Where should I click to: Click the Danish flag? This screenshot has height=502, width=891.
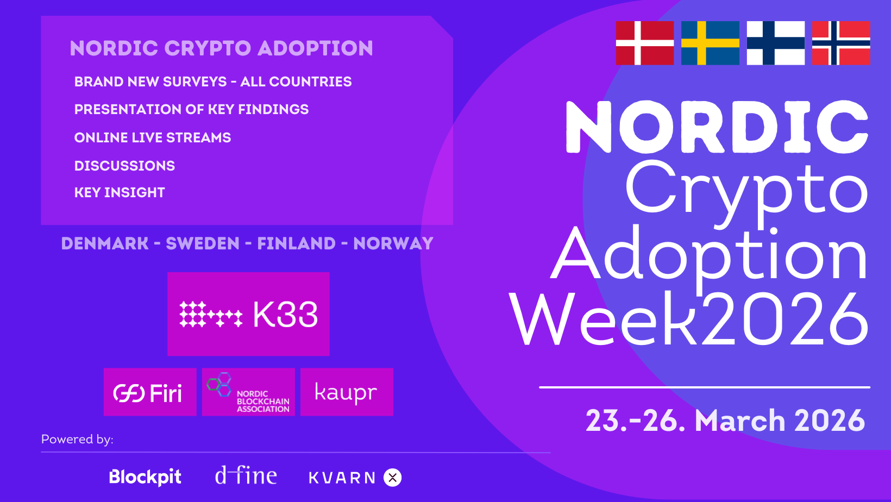click(x=644, y=43)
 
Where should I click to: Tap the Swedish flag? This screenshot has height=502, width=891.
click(x=710, y=43)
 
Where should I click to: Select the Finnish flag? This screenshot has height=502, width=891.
click(x=775, y=43)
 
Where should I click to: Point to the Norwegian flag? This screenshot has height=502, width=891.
click(x=841, y=43)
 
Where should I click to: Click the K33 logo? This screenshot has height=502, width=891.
click(x=248, y=314)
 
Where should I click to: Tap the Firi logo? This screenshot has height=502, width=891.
click(x=150, y=392)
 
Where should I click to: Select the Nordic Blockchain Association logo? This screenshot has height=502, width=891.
click(x=248, y=392)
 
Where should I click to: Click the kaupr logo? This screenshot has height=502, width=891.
click(x=347, y=392)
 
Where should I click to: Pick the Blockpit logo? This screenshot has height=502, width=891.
click(x=145, y=477)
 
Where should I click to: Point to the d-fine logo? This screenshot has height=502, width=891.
click(x=246, y=476)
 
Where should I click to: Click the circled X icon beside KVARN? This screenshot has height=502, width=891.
click(x=392, y=478)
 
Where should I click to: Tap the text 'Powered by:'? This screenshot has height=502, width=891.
click(x=77, y=439)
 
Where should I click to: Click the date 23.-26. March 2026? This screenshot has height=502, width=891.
click(x=725, y=421)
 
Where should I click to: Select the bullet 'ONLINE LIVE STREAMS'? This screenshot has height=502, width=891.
click(x=153, y=137)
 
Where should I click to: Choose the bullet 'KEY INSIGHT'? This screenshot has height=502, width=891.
click(x=120, y=192)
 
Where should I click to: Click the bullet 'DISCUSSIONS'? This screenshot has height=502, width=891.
click(x=124, y=166)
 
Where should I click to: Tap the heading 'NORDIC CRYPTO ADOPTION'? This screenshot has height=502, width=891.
click(x=222, y=48)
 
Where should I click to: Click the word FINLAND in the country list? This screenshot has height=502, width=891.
click(x=296, y=243)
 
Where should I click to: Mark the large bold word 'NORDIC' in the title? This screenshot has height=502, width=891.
click(x=717, y=127)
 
